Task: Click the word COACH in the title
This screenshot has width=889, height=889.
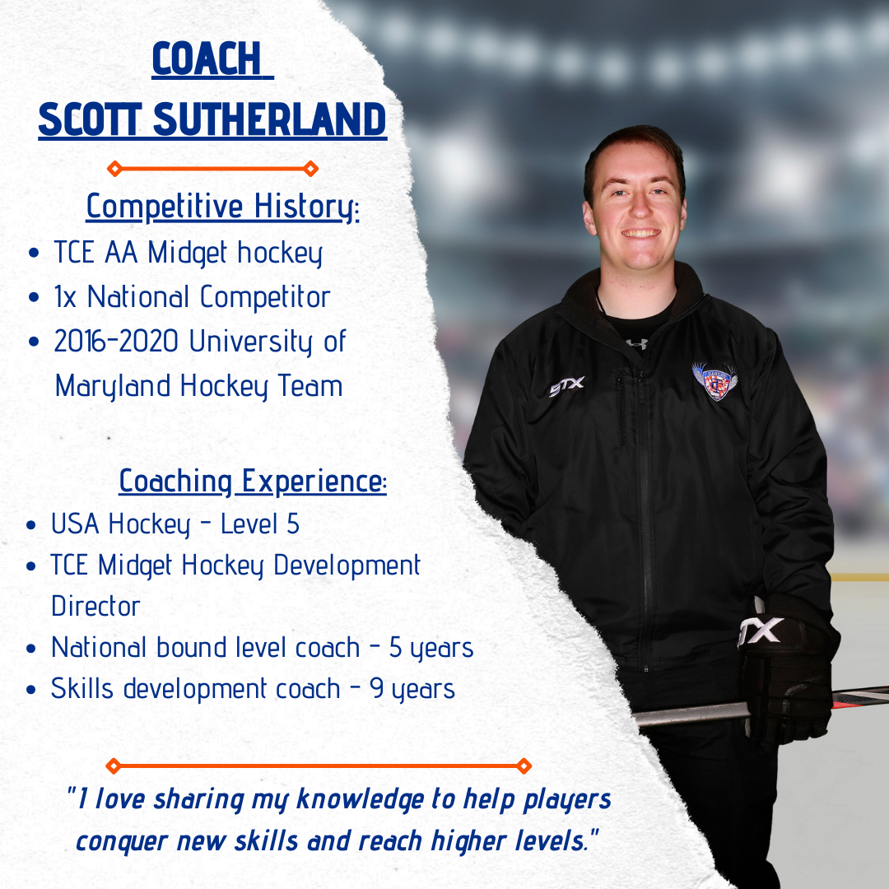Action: click(207, 58)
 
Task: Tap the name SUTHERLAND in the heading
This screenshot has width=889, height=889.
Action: click(270, 119)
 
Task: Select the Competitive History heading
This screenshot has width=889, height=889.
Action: click(223, 207)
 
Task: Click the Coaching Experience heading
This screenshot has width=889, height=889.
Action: click(253, 482)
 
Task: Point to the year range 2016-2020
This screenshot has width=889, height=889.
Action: click(116, 341)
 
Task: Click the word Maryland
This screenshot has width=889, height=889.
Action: click(113, 387)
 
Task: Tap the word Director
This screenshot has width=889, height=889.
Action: click(95, 606)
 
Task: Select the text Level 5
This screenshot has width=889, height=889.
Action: click(259, 524)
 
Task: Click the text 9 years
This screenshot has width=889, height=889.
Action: click(412, 690)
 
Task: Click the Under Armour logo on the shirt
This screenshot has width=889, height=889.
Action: click(636, 343)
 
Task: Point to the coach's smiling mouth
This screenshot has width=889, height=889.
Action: click(640, 232)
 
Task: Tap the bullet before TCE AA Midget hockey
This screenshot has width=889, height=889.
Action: click(34, 253)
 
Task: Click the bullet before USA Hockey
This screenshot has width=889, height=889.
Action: click(31, 525)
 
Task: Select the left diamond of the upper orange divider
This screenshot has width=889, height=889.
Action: click(114, 169)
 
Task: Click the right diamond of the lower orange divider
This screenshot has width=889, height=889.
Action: click(524, 766)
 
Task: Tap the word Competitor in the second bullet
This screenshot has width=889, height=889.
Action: click(265, 297)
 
